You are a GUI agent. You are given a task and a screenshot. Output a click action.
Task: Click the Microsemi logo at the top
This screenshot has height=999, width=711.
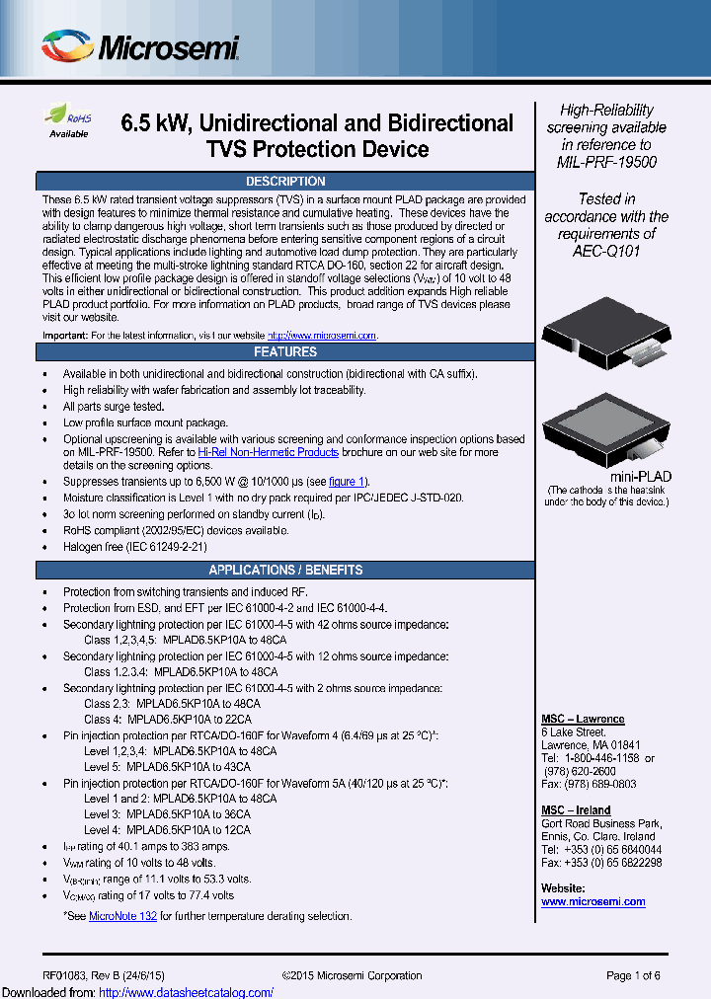[x=140, y=46]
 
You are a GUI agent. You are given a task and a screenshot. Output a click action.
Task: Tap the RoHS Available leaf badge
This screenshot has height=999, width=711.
[x=69, y=120]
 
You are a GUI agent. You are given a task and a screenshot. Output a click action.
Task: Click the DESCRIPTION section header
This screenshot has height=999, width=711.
[x=284, y=182]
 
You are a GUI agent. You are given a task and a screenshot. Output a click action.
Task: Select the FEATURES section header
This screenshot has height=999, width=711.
[x=284, y=352]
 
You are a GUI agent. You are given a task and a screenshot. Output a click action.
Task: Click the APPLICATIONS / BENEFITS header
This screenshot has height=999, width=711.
[x=284, y=571]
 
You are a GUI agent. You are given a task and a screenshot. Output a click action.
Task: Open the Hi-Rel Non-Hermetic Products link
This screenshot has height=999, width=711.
[x=269, y=452]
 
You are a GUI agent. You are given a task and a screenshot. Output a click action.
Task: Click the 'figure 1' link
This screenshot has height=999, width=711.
[x=348, y=482]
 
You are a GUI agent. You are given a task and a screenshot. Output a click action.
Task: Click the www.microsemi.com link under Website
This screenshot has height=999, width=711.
[x=592, y=901]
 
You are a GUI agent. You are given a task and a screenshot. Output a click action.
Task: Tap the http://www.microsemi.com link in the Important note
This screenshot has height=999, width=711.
[x=322, y=336]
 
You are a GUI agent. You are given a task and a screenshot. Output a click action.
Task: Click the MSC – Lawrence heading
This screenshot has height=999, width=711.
[x=583, y=719]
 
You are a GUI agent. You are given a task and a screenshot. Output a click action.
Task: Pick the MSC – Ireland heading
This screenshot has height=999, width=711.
[x=576, y=810]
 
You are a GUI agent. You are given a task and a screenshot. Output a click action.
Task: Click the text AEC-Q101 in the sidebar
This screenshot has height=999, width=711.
[x=606, y=251]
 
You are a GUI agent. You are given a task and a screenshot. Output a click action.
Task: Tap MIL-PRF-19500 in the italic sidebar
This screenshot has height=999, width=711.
[x=606, y=162]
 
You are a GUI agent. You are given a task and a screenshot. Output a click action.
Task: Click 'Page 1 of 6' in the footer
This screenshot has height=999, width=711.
[x=633, y=975]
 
